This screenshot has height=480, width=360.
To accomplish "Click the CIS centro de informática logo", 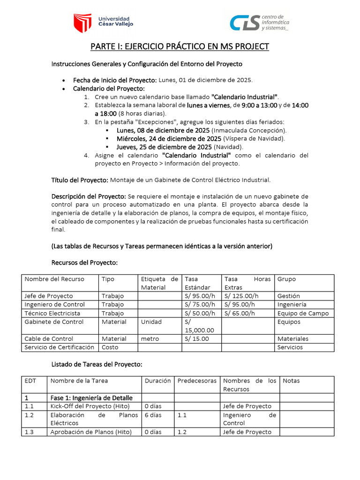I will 259,22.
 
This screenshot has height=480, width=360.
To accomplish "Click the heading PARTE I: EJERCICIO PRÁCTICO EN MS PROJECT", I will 180,46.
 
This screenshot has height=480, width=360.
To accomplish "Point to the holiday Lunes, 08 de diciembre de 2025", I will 164,130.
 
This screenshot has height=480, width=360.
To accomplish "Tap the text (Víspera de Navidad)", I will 254,139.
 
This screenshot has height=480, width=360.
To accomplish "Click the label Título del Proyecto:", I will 80,180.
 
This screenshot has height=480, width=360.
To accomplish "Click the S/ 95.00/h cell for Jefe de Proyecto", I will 200,296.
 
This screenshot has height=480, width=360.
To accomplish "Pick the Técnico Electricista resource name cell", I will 52,313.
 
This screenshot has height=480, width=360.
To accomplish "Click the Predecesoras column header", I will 196,381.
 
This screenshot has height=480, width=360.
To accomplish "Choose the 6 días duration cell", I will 153,415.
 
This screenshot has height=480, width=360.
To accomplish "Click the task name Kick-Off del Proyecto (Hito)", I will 90,406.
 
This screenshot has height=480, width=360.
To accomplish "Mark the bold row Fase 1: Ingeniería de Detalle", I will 91,398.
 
